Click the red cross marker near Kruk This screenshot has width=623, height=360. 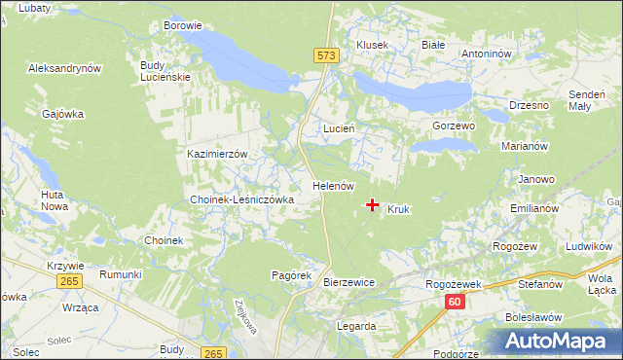[x=372, y=205]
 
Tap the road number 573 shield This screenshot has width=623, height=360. [x=326, y=57]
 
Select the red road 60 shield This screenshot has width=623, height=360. [x=455, y=303]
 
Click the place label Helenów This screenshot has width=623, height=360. [x=332, y=185]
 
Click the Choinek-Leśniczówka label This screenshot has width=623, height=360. [x=242, y=199]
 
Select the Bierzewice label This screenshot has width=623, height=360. [x=348, y=281]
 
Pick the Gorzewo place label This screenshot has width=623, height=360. [x=453, y=126]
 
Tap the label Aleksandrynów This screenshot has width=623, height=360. [x=65, y=69]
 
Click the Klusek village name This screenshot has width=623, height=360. [x=372, y=45]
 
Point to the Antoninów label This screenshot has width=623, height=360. [x=487, y=54]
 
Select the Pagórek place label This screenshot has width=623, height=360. [x=290, y=276]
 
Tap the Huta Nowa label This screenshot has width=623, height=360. [x=54, y=200]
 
